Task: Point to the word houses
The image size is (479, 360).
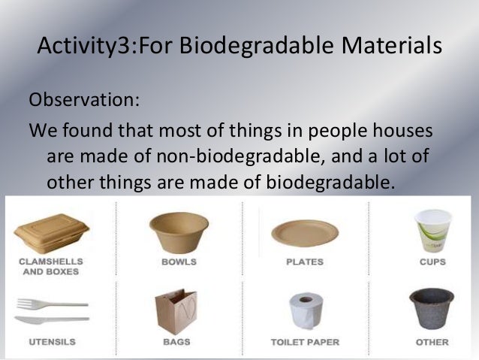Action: (x=402, y=131)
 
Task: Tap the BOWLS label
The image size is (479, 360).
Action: (x=179, y=262)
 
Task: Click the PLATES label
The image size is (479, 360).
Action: (x=305, y=262)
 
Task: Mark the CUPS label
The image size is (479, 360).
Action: (x=432, y=262)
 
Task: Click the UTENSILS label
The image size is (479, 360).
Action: (x=51, y=343)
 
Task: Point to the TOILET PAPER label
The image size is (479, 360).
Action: (x=305, y=343)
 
